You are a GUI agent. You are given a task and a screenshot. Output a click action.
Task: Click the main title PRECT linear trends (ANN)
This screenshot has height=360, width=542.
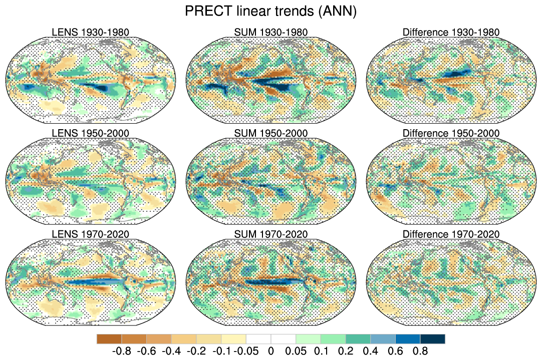tap(270, 11)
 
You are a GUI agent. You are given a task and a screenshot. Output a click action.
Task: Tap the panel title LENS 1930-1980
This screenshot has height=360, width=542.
tap(91, 33)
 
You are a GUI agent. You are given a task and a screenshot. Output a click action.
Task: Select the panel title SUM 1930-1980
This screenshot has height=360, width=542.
tap(270, 33)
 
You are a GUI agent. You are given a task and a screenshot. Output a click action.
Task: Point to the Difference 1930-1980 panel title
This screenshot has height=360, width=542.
tap(451, 33)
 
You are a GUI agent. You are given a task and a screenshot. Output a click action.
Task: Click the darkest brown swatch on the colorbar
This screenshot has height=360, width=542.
tap(109, 339)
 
